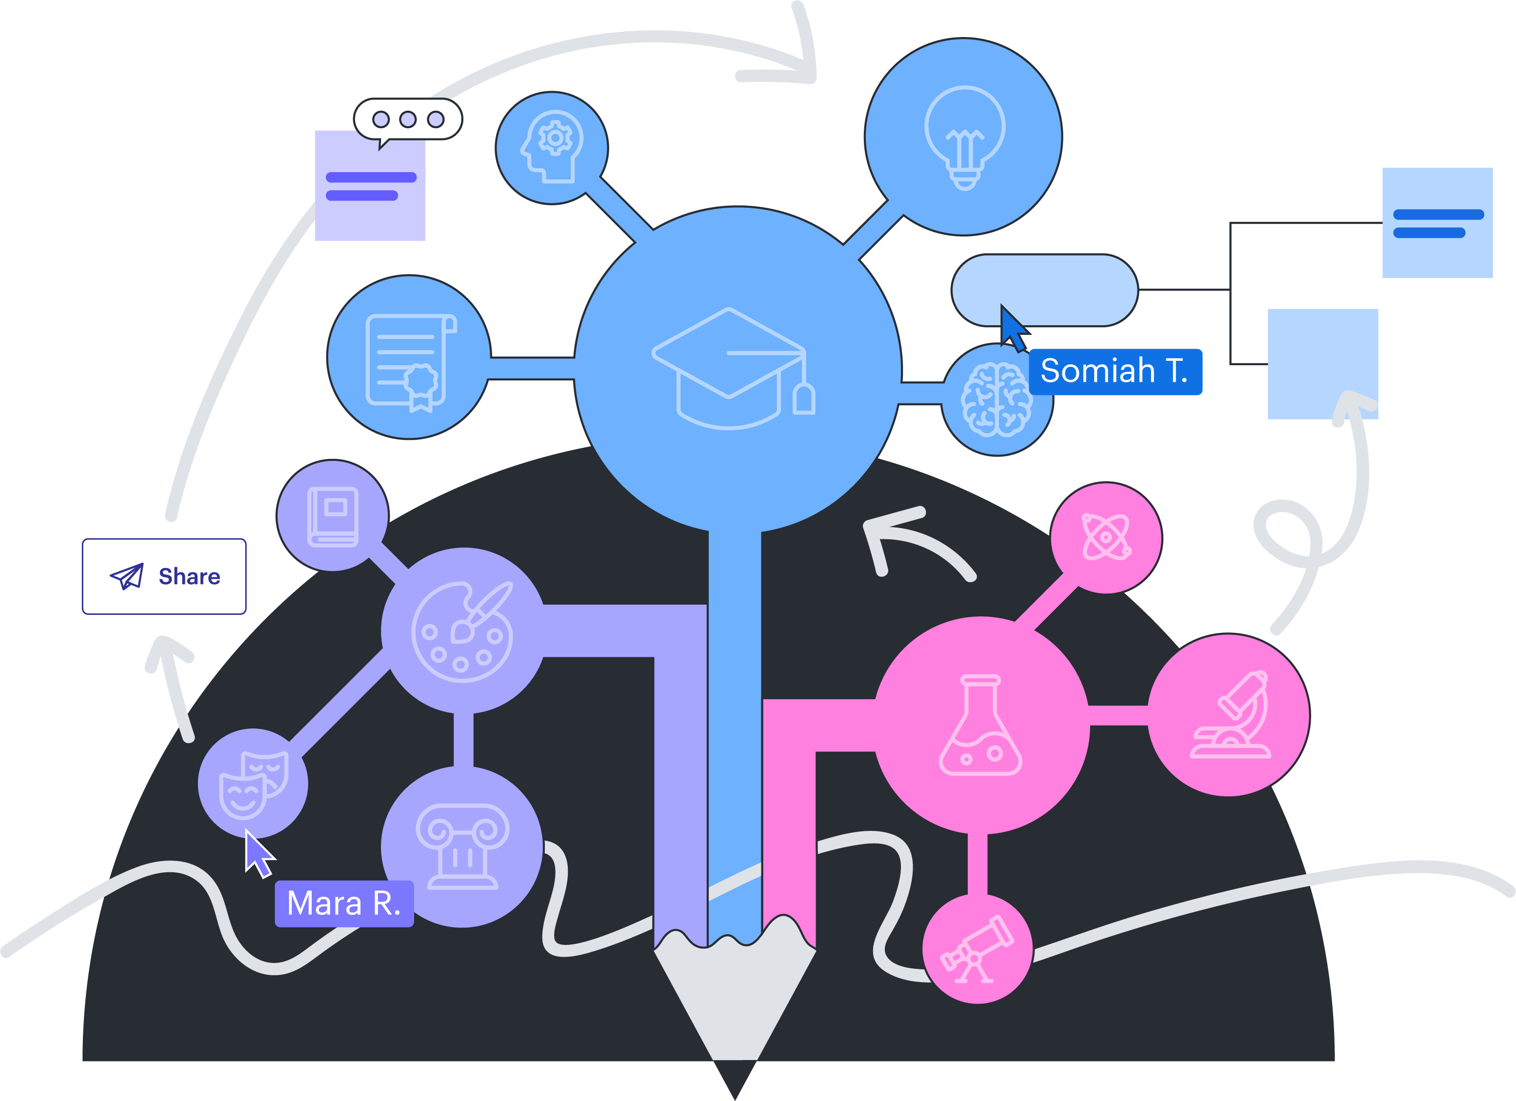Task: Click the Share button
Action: pyautogui.click(x=164, y=576)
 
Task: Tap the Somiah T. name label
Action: pyautogui.click(x=1115, y=372)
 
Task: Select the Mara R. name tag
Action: pyautogui.click(x=343, y=903)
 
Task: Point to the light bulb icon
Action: pyautogui.click(x=964, y=137)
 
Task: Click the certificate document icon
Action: pyautogui.click(x=410, y=361)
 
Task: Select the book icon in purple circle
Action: pyautogui.click(x=333, y=516)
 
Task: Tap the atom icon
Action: pyautogui.click(x=1106, y=536)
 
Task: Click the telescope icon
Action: pyautogui.click(x=977, y=949)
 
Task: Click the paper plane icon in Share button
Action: pyautogui.click(x=127, y=576)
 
